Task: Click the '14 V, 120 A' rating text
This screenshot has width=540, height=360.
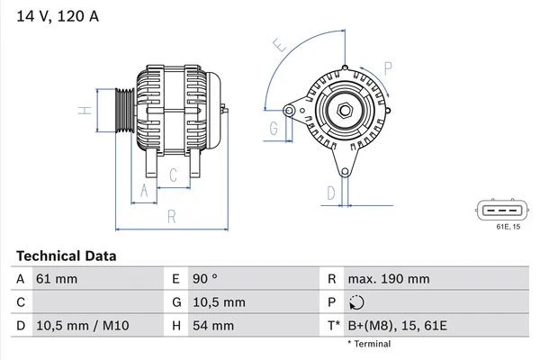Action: [x=56, y=15]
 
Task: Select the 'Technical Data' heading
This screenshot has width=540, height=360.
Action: [x=66, y=256]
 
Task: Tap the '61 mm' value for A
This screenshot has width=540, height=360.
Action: [x=57, y=279]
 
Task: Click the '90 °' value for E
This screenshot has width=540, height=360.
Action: [x=207, y=279]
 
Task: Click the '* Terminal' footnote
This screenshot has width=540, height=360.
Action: [x=369, y=344]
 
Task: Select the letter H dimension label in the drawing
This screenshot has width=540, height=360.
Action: [x=82, y=111]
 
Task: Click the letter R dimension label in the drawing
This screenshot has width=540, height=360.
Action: [x=170, y=216]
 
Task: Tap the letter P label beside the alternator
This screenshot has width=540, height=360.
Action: [x=388, y=66]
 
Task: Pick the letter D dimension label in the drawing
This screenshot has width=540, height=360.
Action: [x=330, y=193]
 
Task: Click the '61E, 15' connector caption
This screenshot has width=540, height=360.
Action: [x=508, y=227]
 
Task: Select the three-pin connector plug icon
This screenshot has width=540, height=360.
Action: [x=499, y=211]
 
